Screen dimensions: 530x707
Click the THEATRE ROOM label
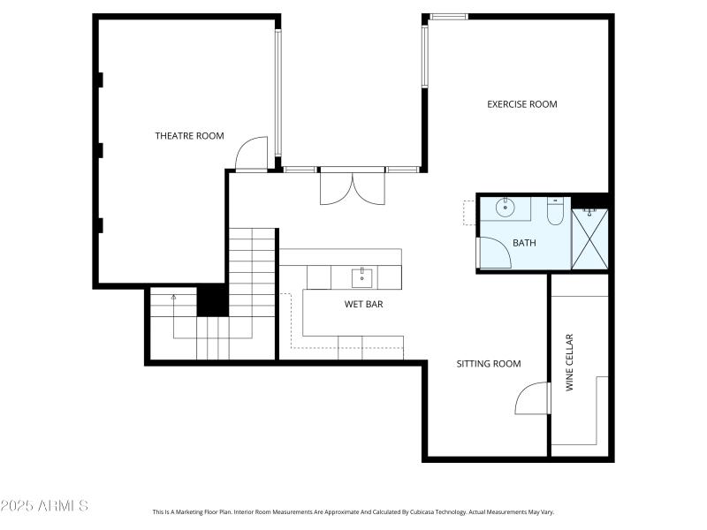189,136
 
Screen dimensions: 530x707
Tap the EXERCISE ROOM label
521,104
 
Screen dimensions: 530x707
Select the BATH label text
524,243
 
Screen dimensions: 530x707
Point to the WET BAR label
363,305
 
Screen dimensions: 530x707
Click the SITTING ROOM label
488,364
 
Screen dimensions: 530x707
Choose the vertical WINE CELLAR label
570,362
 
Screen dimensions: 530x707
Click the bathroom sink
505,209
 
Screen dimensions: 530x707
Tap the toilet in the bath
555,213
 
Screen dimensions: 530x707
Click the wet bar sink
361,277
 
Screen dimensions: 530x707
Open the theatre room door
251,153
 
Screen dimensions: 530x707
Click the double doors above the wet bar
352,186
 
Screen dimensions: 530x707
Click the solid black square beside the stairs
212,300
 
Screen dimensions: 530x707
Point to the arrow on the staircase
173,299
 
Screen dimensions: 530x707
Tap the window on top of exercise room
449,16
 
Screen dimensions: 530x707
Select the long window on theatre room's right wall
277,93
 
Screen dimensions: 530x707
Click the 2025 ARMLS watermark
44,506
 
